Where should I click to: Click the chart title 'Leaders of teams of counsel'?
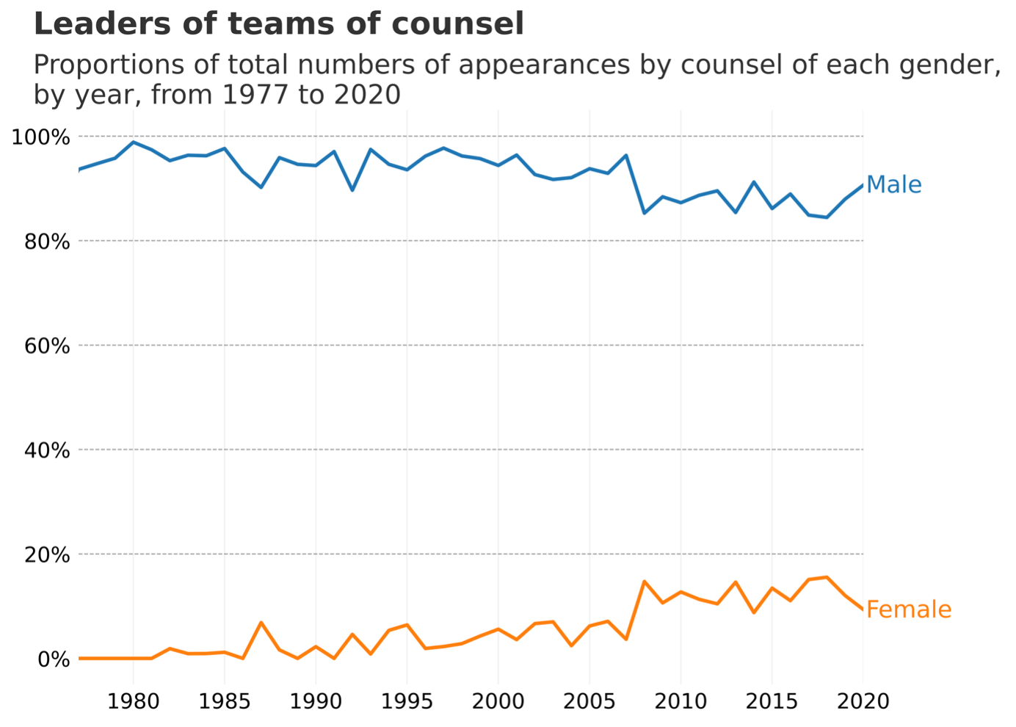pos(278,23)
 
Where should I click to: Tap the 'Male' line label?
pos(894,185)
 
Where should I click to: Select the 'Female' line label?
pos(909,610)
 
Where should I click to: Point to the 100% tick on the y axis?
pos(41,137)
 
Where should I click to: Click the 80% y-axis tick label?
pos(47,242)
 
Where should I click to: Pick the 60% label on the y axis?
pos(47,347)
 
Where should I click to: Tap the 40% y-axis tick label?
pos(47,451)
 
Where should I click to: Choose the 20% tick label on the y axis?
pos(47,555)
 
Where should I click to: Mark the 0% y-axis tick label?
pos(54,660)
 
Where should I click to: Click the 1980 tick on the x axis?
pos(134,701)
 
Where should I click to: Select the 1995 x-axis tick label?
pos(407,701)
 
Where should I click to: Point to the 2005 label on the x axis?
pos(589,701)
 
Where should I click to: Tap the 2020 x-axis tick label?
pos(863,701)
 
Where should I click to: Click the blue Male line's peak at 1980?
pos(134,142)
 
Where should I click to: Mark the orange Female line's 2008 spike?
pos(644,582)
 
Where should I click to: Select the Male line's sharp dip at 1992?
pos(352,190)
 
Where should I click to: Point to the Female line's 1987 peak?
pos(261,622)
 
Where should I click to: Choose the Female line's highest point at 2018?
pos(827,577)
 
